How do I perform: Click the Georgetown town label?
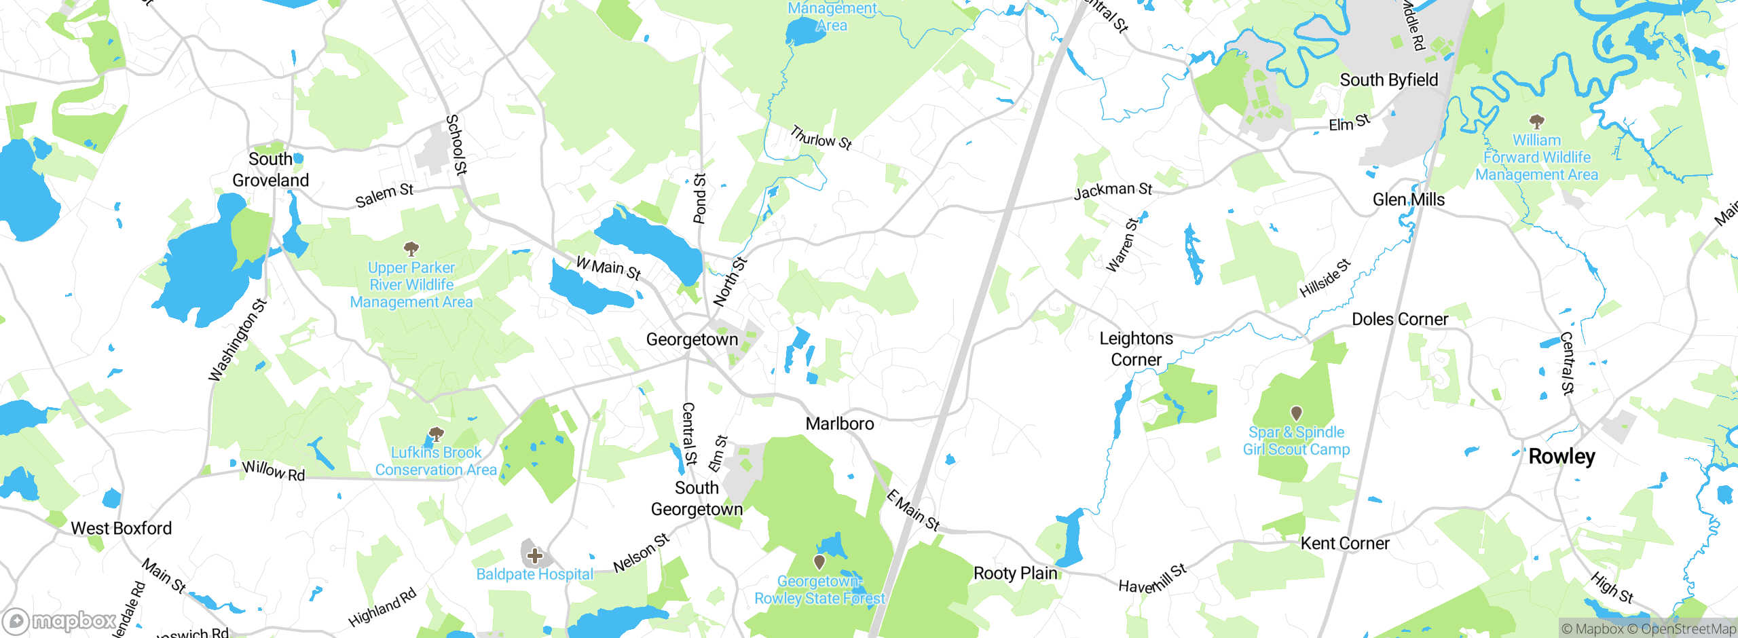click(x=691, y=339)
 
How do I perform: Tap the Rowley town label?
click(x=1561, y=457)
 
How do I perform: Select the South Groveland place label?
click(x=270, y=170)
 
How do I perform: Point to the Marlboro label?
click(x=839, y=424)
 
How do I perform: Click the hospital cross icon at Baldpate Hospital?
click(x=535, y=556)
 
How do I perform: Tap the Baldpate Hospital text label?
click(x=534, y=575)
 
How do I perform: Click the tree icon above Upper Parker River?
click(x=411, y=248)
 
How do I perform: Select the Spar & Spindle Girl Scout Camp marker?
click(x=1296, y=413)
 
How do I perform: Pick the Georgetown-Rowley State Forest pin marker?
click(x=819, y=561)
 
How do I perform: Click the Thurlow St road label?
click(x=821, y=138)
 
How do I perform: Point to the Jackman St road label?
click(x=1113, y=190)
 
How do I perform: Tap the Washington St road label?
click(x=237, y=340)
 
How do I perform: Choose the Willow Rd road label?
click(x=274, y=470)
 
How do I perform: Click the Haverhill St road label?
click(x=1152, y=578)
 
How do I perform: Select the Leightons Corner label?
click(x=1136, y=349)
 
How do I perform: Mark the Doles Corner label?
click(x=1399, y=320)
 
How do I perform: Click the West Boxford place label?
click(x=121, y=528)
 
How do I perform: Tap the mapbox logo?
click(x=59, y=621)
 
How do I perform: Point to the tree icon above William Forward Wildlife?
click(x=1536, y=121)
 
